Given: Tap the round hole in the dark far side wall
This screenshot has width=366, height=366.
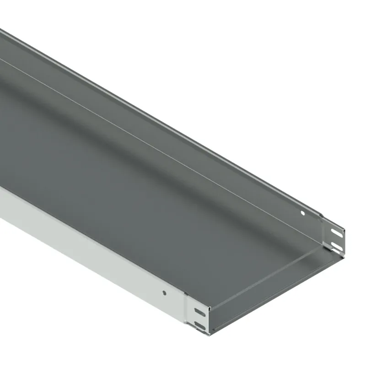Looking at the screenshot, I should [x=302, y=213].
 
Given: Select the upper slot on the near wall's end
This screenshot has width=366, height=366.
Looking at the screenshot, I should [x=199, y=312].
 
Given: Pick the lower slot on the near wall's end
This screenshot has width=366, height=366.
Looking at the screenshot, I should [x=200, y=325].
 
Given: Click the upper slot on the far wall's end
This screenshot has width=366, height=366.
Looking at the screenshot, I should [x=336, y=233].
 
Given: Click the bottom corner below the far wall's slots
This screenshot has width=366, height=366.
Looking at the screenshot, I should [x=343, y=253].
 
